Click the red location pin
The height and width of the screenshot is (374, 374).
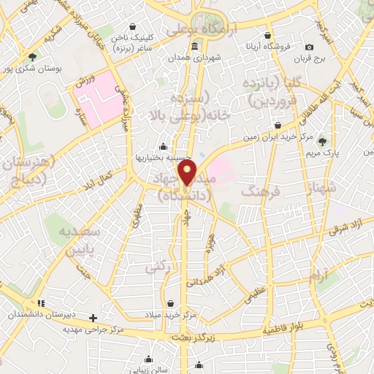click(188, 171)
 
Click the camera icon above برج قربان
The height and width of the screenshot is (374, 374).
click(309, 47)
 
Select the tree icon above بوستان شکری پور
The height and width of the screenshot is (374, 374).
click(32, 56)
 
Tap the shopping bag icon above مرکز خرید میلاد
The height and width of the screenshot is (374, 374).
click(170, 302)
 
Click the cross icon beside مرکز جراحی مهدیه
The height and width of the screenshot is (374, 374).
click(93, 318)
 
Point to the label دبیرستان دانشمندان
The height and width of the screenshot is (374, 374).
click(40, 313)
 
